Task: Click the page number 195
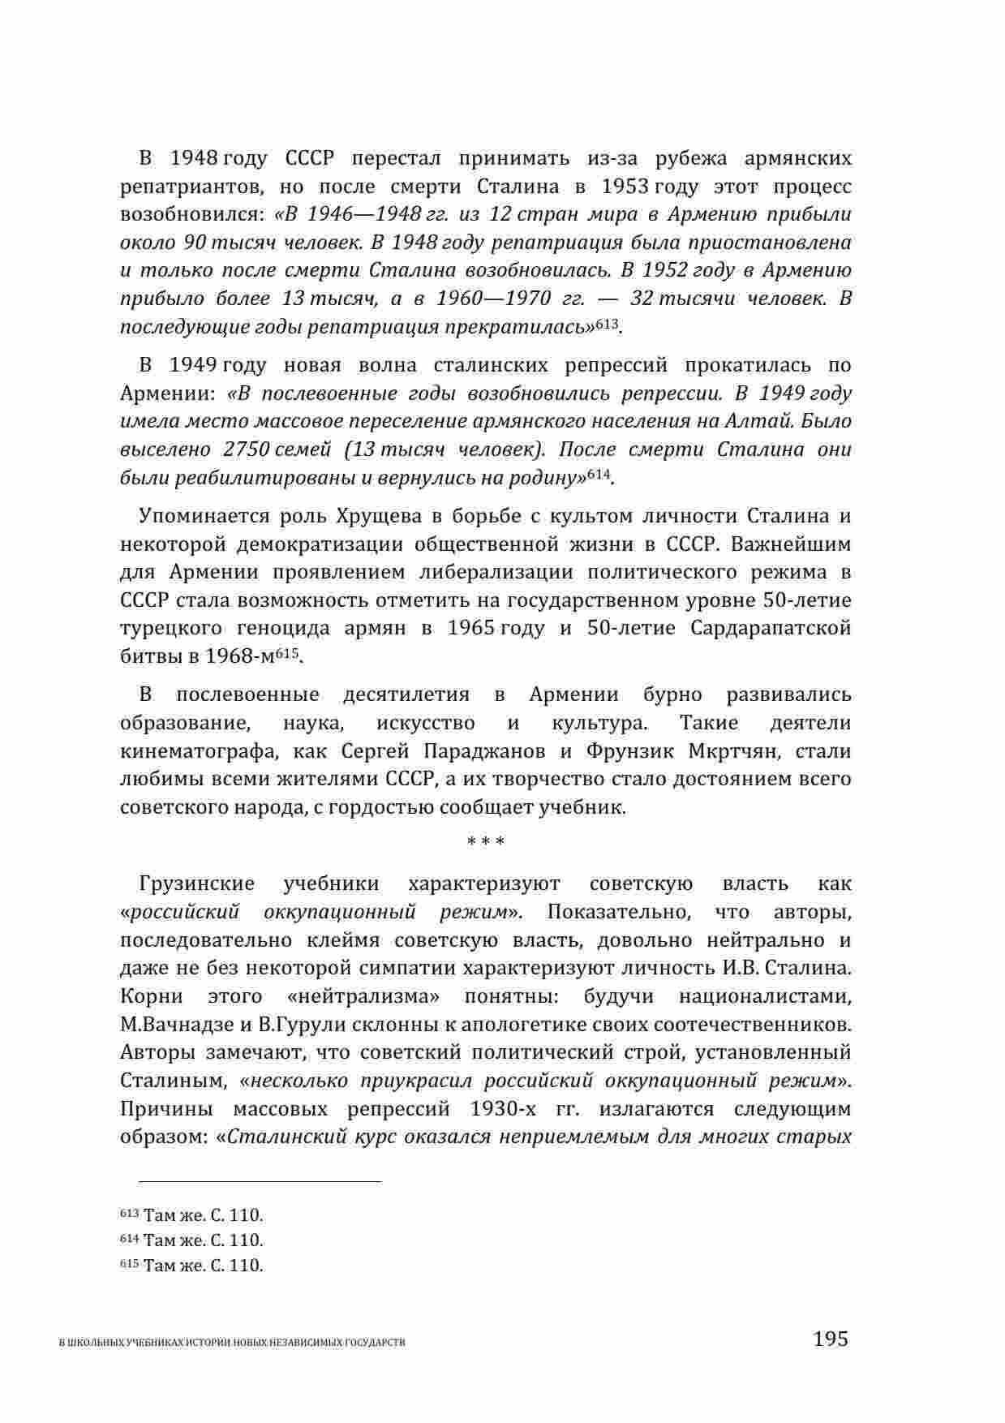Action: (830, 1338)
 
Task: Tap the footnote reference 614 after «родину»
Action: (599, 475)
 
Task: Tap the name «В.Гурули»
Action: (294, 1024)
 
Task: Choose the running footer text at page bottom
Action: (233, 1343)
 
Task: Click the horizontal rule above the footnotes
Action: (260, 1182)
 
